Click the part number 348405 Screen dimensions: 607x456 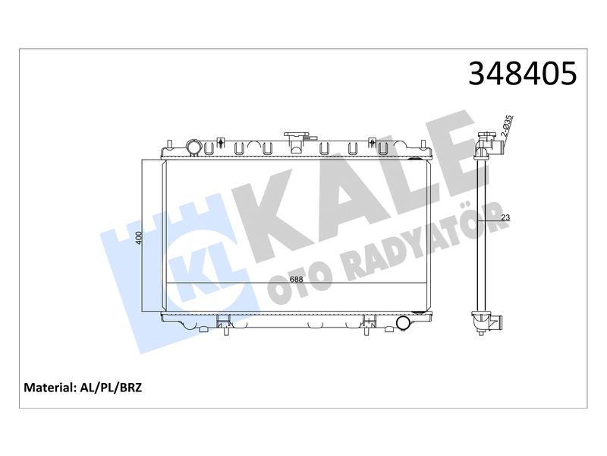tap(522, 73)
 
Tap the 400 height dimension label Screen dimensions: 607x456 tap(140, 238)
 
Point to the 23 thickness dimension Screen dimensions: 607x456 tap(505, 217)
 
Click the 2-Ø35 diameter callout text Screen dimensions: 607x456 tap(507, 126)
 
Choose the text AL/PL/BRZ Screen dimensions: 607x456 tap(111, 388)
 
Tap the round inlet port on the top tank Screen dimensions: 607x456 tap(193, 147)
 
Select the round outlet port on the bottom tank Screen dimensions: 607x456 tap(404, 323)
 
